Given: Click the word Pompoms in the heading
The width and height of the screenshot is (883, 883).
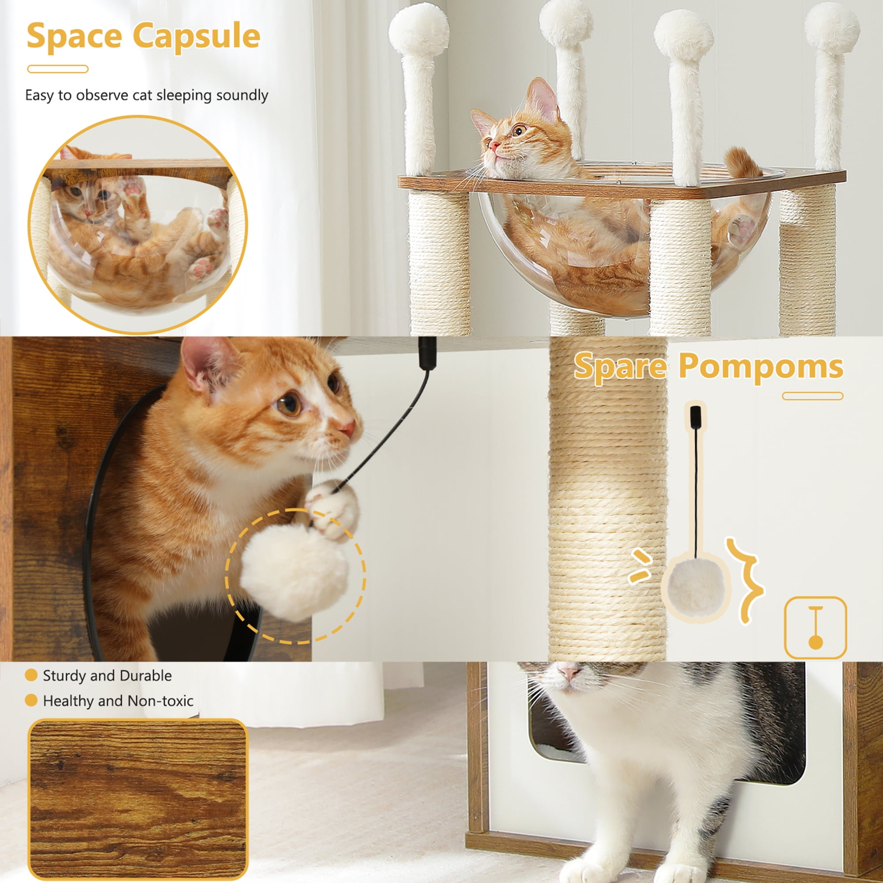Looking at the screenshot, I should click(761, 366).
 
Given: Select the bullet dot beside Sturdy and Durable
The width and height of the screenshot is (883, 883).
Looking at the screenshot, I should click(31, 675).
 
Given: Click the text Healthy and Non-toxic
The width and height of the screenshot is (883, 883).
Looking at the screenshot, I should click(118, 701).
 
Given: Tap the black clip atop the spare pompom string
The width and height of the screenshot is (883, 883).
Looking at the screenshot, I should click(696, 416).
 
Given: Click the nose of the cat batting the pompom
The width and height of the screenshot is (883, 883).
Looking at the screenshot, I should click(348, 428).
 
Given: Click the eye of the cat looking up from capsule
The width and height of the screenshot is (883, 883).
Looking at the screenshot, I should click(518, 131).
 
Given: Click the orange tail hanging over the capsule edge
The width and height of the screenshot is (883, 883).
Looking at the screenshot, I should click(742, 163).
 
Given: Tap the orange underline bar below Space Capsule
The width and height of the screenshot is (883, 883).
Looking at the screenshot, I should click(57, 69).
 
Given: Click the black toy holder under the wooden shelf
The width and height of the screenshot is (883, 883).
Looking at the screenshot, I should click(428, 353).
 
